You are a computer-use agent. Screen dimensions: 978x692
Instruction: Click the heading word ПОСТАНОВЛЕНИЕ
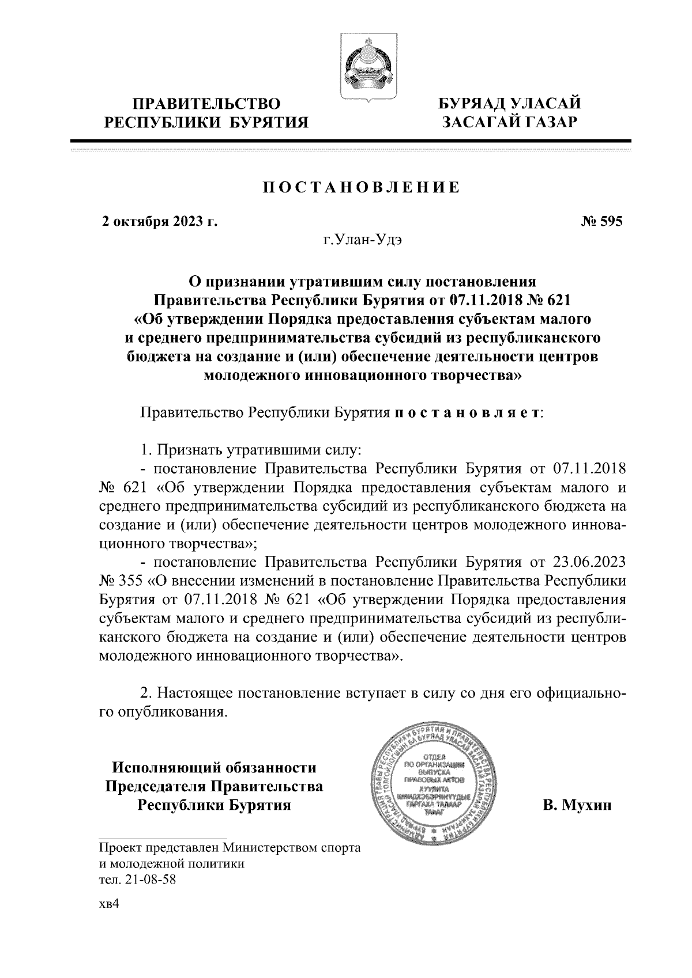[362, 188]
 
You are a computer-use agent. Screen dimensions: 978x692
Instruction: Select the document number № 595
[601, 222]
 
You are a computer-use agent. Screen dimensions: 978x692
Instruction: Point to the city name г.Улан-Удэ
[362, 241]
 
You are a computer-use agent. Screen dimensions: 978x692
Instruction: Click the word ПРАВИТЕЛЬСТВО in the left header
[207, 104]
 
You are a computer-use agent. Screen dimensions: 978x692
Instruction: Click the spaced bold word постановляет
[466, 413]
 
